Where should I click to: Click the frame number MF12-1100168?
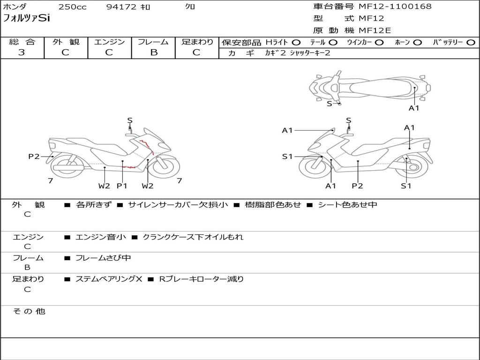[x=395, y=7]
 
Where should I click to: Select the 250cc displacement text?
[x=72, y=7]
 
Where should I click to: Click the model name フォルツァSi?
[x=26, y=19]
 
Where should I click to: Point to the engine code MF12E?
[x=375, y=30]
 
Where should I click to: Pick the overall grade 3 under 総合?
[x=22, y=52]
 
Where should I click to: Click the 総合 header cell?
[x=22, y=42]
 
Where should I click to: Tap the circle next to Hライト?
[x=296, y=43]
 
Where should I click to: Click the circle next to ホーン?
[x=417, y=43]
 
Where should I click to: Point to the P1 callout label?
[x=122, y=186]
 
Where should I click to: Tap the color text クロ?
[x=190, y=7]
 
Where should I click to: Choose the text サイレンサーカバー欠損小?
[x=178, y=205]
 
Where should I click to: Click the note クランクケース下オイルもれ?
[x=193, y=237]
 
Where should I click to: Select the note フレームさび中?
[x=103, y=258]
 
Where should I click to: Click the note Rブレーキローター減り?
[x=202, y=279]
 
